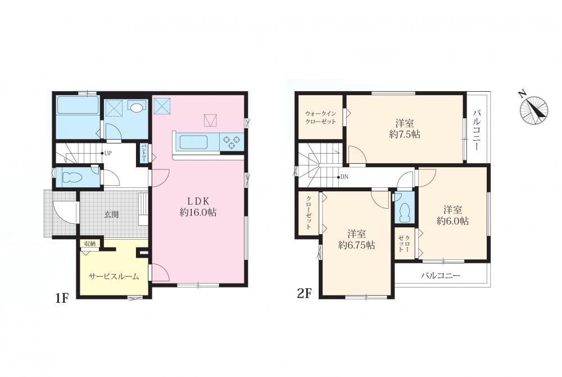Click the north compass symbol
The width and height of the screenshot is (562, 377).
pos(534,109)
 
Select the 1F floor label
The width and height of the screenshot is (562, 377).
pos(62,298)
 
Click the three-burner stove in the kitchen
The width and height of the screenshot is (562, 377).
pos(232,141)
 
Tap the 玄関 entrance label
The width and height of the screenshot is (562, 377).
pos(111,214)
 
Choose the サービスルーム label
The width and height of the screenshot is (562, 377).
pos(114,277)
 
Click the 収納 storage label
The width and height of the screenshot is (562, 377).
pos(89,244)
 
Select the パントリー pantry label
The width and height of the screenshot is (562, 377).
pos(143,154)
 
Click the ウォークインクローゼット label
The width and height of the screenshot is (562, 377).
pos(321,118)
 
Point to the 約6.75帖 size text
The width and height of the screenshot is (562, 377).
pos(357,245)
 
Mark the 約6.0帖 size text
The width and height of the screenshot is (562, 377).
pos(452,221)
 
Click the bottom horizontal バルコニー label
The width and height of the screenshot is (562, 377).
pos(441,276)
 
